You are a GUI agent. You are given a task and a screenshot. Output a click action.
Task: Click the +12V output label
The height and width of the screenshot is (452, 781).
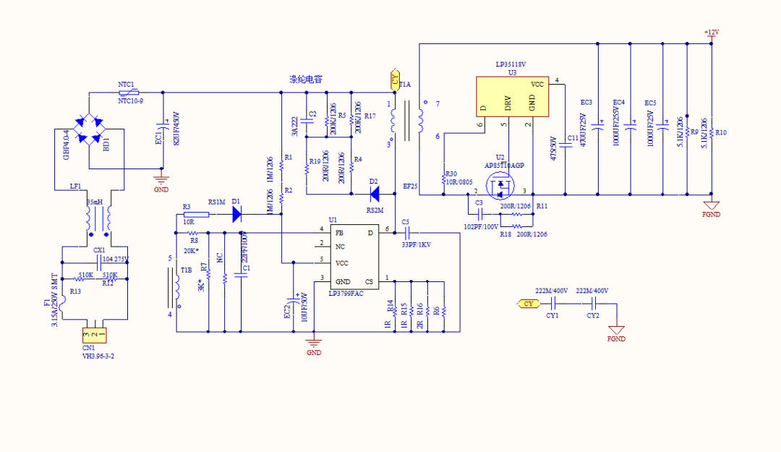[x=712, y=33]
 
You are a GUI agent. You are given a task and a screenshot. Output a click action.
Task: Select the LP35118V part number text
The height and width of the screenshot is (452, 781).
[x=511, y=64]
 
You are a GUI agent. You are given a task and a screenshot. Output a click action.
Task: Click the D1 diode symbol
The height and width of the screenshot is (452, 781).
[x=236, y=213]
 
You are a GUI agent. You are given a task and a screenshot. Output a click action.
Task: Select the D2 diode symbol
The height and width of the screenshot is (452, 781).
[x=373, y=193]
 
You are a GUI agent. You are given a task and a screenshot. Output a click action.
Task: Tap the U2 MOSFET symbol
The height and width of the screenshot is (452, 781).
[x=500, y=189]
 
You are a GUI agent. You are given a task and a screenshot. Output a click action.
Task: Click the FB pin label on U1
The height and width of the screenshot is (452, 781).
[x=339, y=233]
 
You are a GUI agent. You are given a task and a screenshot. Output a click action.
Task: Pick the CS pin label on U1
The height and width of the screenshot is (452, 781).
[x=369, y=281]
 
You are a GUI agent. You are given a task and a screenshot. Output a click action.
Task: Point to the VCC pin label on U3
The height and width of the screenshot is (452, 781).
[x=537, y=84]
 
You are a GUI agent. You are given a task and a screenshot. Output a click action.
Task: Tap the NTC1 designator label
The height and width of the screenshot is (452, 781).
[x=127, y=85]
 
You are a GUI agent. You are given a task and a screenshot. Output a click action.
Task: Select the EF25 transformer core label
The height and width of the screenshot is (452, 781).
[x=410, y=186]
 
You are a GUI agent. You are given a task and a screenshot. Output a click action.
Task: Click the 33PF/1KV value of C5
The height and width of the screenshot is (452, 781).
[x=416, y=244]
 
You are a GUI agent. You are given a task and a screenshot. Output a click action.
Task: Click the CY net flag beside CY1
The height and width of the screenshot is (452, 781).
[x=529, y=304]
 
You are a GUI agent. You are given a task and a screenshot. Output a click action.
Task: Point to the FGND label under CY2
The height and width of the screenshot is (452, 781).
[x=616, y=338]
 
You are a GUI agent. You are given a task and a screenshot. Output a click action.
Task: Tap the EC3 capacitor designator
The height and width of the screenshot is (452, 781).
[x=586, y=102]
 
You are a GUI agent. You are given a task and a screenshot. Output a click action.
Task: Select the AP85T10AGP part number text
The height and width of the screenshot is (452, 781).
[x=504, y=165]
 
